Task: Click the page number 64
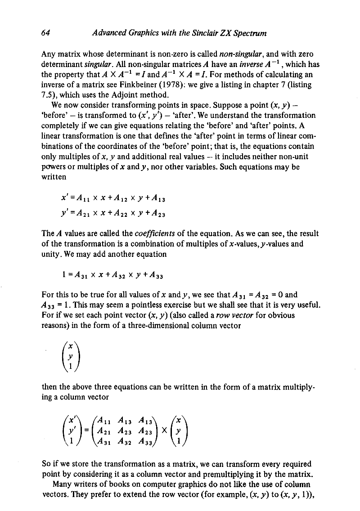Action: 45,33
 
